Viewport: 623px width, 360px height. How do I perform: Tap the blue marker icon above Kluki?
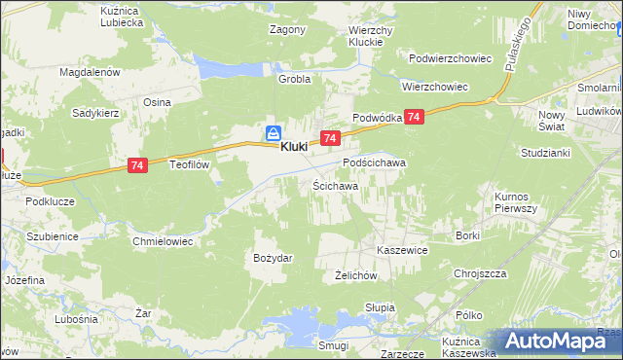(275, 132)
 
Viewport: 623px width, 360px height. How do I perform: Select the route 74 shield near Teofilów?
(137, 167)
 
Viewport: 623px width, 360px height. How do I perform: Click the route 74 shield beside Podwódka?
(415, 117)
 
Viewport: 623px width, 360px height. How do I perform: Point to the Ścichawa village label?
(335, 185)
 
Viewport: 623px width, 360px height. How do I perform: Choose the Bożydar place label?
(273, 258)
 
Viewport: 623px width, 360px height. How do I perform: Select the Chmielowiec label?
(164, 239)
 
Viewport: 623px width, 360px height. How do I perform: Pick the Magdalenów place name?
(89, 72)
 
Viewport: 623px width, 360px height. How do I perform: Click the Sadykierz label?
(95, 113)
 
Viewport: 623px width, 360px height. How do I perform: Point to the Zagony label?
(287, 29)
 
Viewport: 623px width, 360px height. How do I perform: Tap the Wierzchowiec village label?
(435, 87)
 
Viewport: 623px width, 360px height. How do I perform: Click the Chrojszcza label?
(480, 274)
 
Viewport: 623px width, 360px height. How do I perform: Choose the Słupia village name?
(380, 307)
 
